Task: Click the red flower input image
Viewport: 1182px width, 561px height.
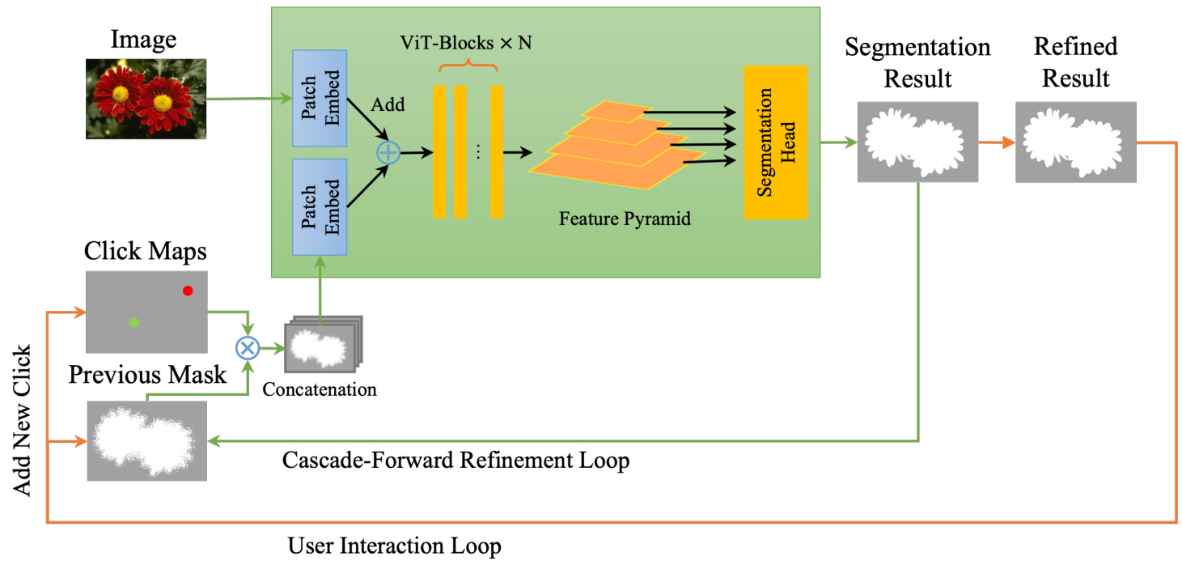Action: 146,99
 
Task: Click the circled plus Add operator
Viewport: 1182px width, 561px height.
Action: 389,151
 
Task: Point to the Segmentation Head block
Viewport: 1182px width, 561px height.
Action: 775,142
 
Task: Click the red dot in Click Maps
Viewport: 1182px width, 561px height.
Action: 188,291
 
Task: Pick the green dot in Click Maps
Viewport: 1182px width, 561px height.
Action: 134,323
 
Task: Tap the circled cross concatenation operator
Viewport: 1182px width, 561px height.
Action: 246,348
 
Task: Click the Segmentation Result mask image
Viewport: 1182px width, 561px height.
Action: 917,142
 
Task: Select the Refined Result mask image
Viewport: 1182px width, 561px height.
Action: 1076,142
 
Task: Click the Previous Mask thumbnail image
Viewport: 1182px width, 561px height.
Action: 146,440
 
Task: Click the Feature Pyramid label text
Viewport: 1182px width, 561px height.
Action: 625,219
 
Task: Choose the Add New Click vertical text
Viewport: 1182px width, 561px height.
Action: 22,421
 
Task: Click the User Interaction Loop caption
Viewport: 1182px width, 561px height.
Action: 395,546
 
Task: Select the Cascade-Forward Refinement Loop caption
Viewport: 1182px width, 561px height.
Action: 455,461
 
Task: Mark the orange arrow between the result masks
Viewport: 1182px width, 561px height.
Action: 997,142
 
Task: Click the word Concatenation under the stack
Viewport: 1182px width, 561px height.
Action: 320,389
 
